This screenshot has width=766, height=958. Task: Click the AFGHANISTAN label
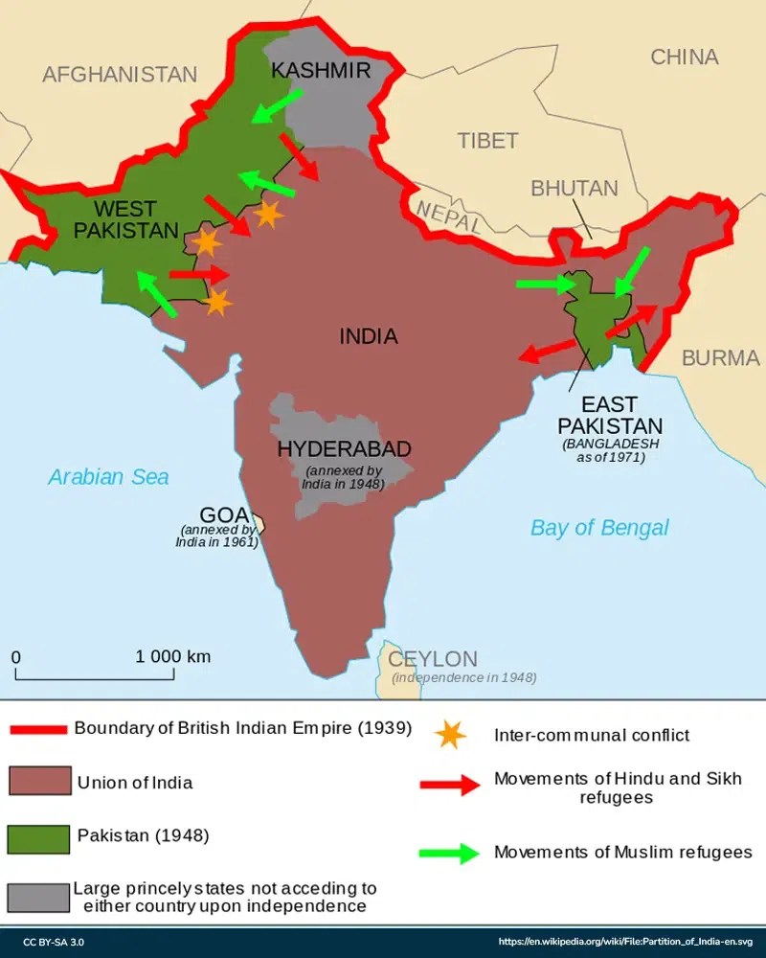click(x=120, y=74)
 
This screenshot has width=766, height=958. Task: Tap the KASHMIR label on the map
click(x=320, y=70)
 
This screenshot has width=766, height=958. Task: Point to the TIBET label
click(x=487, y=140)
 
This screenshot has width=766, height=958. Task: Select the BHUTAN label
click(x=574, y=188)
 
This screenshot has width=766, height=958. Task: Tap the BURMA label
click(x=720, y=358)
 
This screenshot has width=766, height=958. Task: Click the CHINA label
click(x=684, y=57)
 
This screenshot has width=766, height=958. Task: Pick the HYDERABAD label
click(x=344, y=448)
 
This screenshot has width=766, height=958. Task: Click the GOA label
click(x=224, y=513)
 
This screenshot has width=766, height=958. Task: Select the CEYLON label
click(x=432, y=659)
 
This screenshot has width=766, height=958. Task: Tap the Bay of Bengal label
click(x=599, y=527)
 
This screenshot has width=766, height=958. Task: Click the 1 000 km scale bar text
click(x=172, y=656)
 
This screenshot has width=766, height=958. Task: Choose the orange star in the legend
click(x=449, y=734)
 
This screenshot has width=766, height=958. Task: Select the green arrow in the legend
click(x=449, y=852)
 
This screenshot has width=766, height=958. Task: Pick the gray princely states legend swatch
click(x=37, y=896)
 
